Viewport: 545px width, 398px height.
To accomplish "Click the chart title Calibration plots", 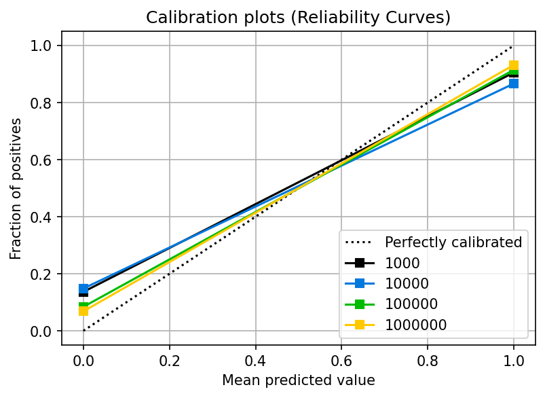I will [299, 18].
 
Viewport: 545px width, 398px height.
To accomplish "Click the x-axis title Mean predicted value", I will [299, 380].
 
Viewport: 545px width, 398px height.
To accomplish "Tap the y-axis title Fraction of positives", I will [16, 188].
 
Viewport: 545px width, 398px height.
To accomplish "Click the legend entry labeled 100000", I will [410, 304].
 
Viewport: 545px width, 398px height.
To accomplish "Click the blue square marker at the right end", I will [514, 84].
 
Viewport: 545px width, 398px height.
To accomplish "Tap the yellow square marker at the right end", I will [514, 66].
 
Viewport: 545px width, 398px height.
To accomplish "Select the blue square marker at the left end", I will [83, 289].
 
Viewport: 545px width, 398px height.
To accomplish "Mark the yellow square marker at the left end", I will [83, 311].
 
